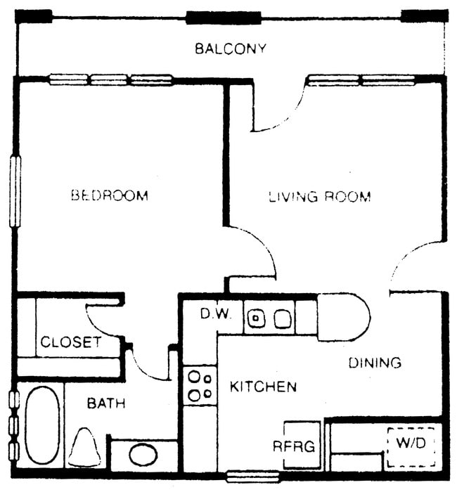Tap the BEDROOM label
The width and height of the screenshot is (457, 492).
tap(110, 195)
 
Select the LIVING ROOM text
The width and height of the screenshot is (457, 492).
tap(320, 197)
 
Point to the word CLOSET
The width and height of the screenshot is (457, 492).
tap(70, 343)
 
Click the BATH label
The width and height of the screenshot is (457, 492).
tap(106, 403)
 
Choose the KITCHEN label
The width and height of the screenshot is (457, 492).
tap(263, 387)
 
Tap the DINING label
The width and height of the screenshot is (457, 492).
tap(375, 363)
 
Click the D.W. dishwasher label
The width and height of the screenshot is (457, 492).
tap(215, 314)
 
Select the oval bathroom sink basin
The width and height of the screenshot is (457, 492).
tap(143, 454)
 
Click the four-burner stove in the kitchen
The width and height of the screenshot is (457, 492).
tap(199, 385)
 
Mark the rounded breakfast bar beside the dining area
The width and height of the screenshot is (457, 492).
tap(343, 318)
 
